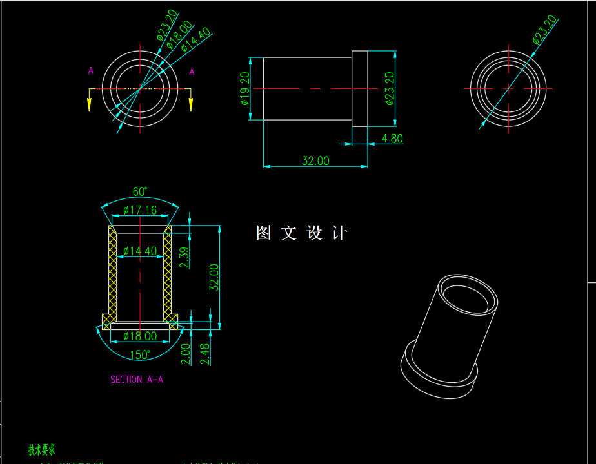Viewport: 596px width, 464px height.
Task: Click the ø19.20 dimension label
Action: tap(245, 88)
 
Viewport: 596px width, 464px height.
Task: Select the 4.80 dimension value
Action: tap(392, 139)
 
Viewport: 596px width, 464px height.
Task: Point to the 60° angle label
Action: tap(140, 191)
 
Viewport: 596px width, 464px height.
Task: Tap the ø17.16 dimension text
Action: tap(140, 210)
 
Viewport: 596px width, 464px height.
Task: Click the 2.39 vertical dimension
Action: tap(184, 258)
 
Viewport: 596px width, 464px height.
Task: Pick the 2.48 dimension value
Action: tap(205, 354)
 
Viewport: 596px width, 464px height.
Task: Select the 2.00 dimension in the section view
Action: tap(186, 354)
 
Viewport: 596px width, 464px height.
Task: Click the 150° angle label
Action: tap(140, 355)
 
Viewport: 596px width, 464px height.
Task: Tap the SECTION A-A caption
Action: tap(137, 380)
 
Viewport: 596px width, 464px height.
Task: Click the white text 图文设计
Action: tap(301, 233)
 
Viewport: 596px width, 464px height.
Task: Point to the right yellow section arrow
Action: tap(190, 102)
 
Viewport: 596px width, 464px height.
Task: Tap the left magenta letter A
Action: tap(91, 71)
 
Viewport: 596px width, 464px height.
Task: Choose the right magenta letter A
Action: tap(192, 72)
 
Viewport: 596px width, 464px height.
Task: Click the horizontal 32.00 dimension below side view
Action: tap(315, 160)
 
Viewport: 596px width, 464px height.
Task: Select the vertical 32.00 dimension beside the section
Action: tap(214, 277)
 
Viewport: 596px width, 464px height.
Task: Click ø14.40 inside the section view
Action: tap(140, 251)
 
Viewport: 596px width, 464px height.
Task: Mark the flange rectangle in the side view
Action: tap(359, 88)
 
